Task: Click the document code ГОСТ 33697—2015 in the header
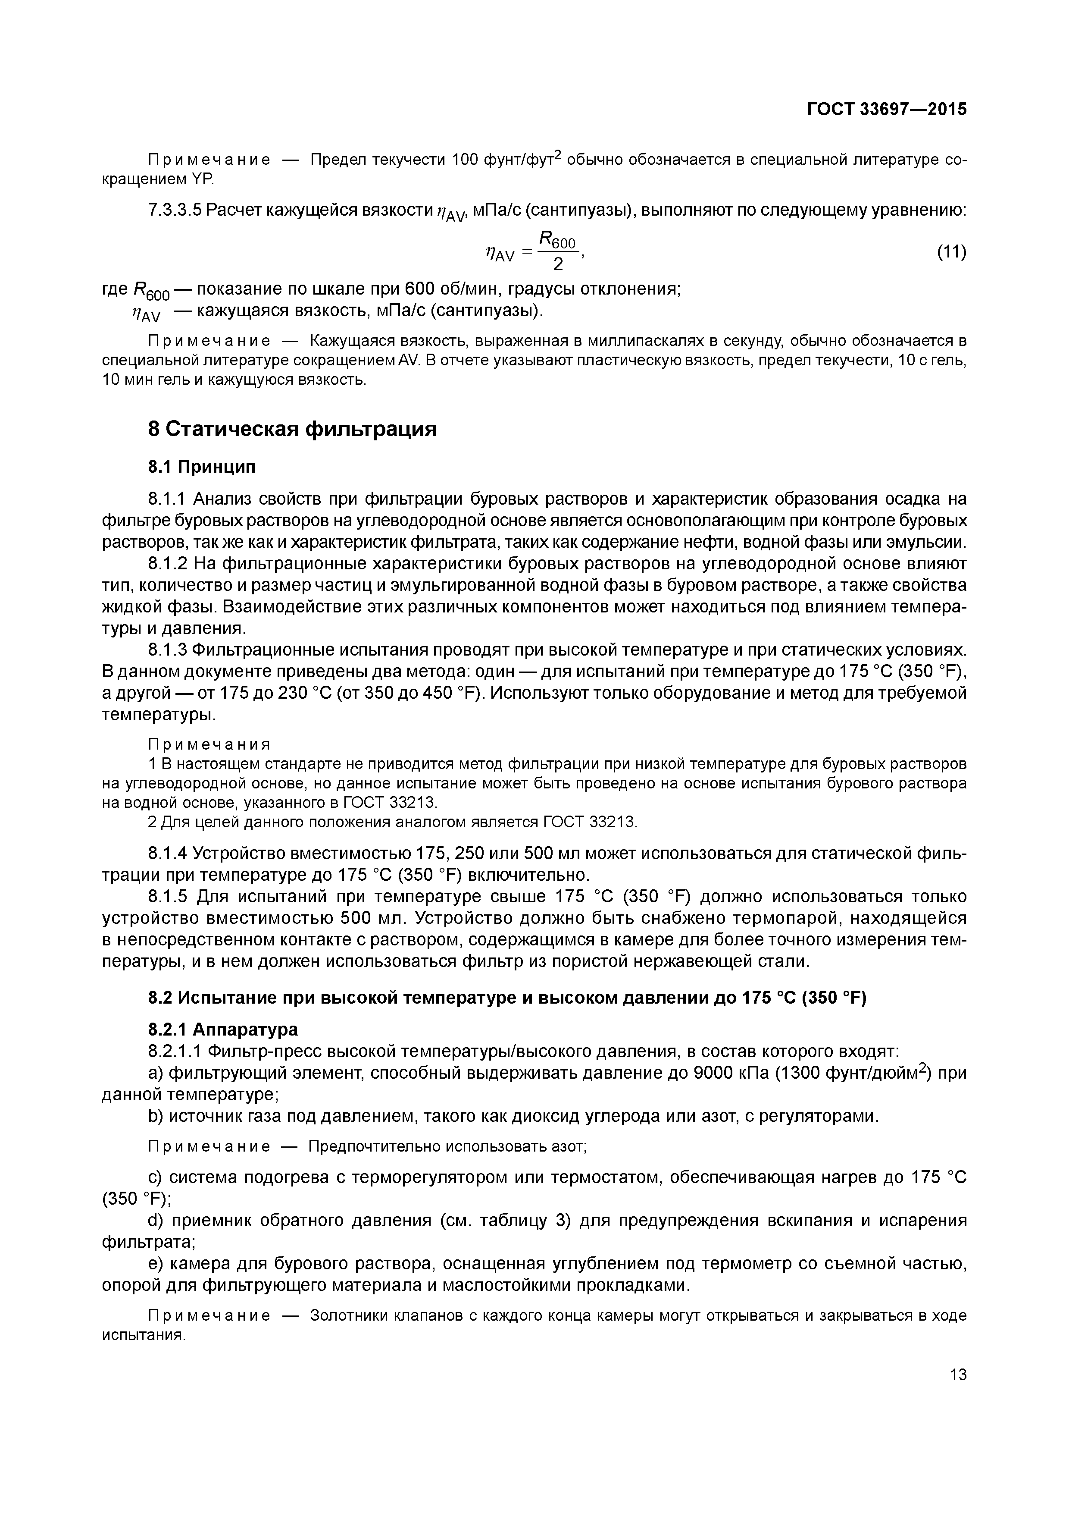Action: tap(887, 109)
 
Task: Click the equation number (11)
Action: tap(951, 252)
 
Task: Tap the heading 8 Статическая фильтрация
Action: tap(292, 429)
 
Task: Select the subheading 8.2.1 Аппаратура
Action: tap(222, 1030)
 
